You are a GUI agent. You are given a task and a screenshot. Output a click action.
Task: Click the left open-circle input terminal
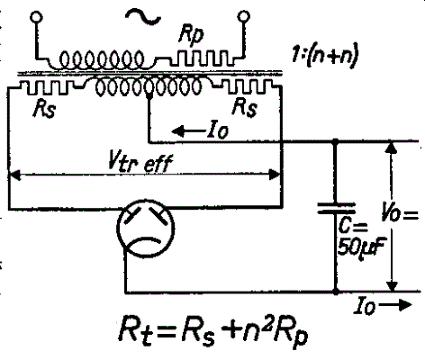pyautogui.click(x=37, y=17)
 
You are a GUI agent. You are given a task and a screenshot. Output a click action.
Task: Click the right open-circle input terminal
pyautogui.click(x=243, y=16)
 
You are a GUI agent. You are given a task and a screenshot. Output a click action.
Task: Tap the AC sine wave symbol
pyautogui.click(x=143, y=16)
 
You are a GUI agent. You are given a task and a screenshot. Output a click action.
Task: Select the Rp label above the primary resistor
pyautogui.click(x=191, y=35)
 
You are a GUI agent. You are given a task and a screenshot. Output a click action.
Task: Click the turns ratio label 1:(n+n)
pyautogui.click(x=325, y=56)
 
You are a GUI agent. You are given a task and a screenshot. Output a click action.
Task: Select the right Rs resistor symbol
pyautogui.click(x=247, y=87)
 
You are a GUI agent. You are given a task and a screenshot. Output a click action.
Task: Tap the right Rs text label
pyautogui.click(x=245, y=107)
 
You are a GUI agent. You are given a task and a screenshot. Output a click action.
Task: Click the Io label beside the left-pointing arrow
pyautogui.click(x=218, y=130)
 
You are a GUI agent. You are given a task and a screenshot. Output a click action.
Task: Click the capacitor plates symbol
pyautogui.click(x=337, y=208)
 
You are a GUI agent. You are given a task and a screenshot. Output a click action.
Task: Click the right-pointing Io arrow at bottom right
pyautogui.click(x=395, y=305)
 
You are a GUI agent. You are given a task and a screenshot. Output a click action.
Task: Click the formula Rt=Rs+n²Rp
pyautogui.click(x=213, y=333)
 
